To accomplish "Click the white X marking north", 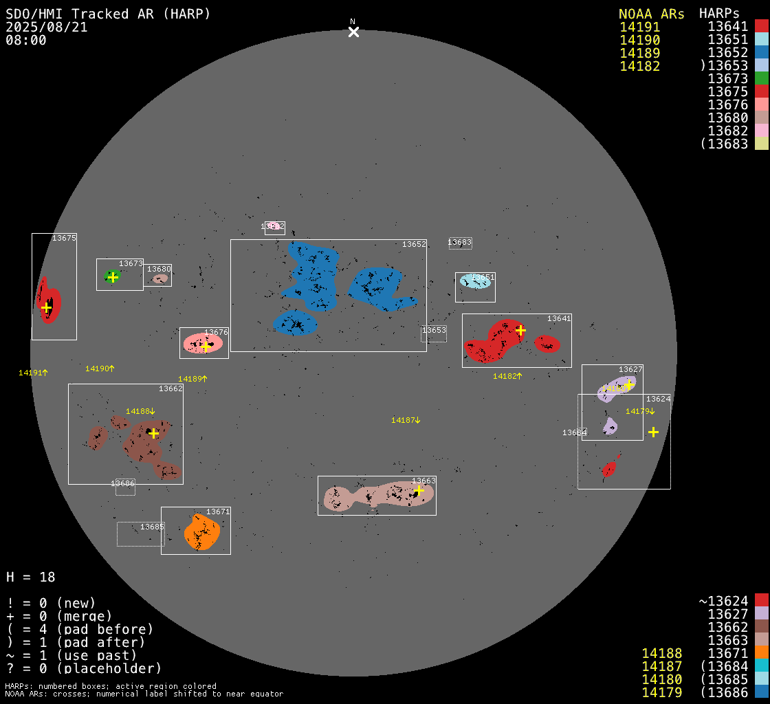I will click(x=353, y=32).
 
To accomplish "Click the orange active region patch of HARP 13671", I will click(x=202, y=532).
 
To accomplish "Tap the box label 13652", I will click(x=414, y=244).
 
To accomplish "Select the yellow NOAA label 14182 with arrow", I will click(x=507, y=376).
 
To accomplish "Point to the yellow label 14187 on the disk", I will click(x=406, y=420).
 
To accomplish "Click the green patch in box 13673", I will click(x=112, y=276).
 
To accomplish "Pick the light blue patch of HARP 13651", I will click(x=476, y=281).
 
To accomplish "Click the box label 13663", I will click(x=423, y=481).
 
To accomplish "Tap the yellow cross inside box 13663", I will click(x=418, y=490).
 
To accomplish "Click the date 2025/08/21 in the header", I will click(x=47, y=27).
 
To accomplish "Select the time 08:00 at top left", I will click(x=26, y=41).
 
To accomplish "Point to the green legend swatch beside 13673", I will click(x=761, y=78).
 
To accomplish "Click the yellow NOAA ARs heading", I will click(x=651, y=14).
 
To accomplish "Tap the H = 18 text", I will click(x=31, y=577).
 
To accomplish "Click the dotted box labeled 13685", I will click(x=140, y=534).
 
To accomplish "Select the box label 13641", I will click(x=559, y=318).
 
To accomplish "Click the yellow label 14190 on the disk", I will click(x=100, y=368).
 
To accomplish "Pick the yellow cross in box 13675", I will click(x=45, y=307).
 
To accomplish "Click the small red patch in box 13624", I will click(x=608, y=468).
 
